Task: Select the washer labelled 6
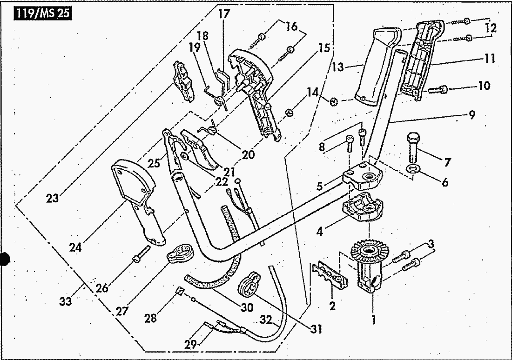413,169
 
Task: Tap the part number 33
65,300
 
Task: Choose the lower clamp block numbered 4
363,208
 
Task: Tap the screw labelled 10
437,89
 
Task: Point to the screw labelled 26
141,254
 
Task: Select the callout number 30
247,307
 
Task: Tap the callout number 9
472,114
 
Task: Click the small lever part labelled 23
183,81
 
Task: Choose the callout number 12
491,28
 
